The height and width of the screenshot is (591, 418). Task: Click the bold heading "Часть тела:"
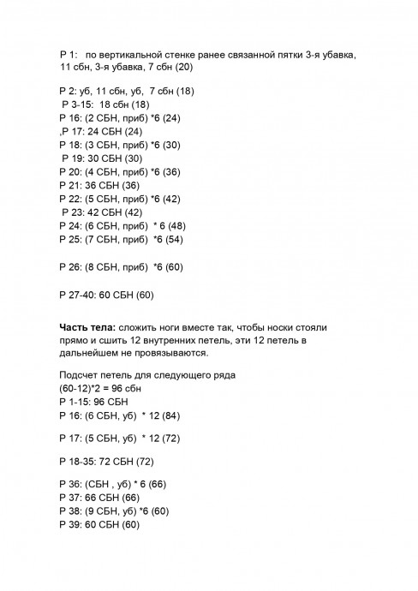coord(88,328)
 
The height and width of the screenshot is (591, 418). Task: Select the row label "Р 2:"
coord(69,91)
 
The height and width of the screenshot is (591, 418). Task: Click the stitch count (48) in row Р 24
coord(176,225)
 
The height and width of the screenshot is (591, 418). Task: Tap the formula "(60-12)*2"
coord(82,388)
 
